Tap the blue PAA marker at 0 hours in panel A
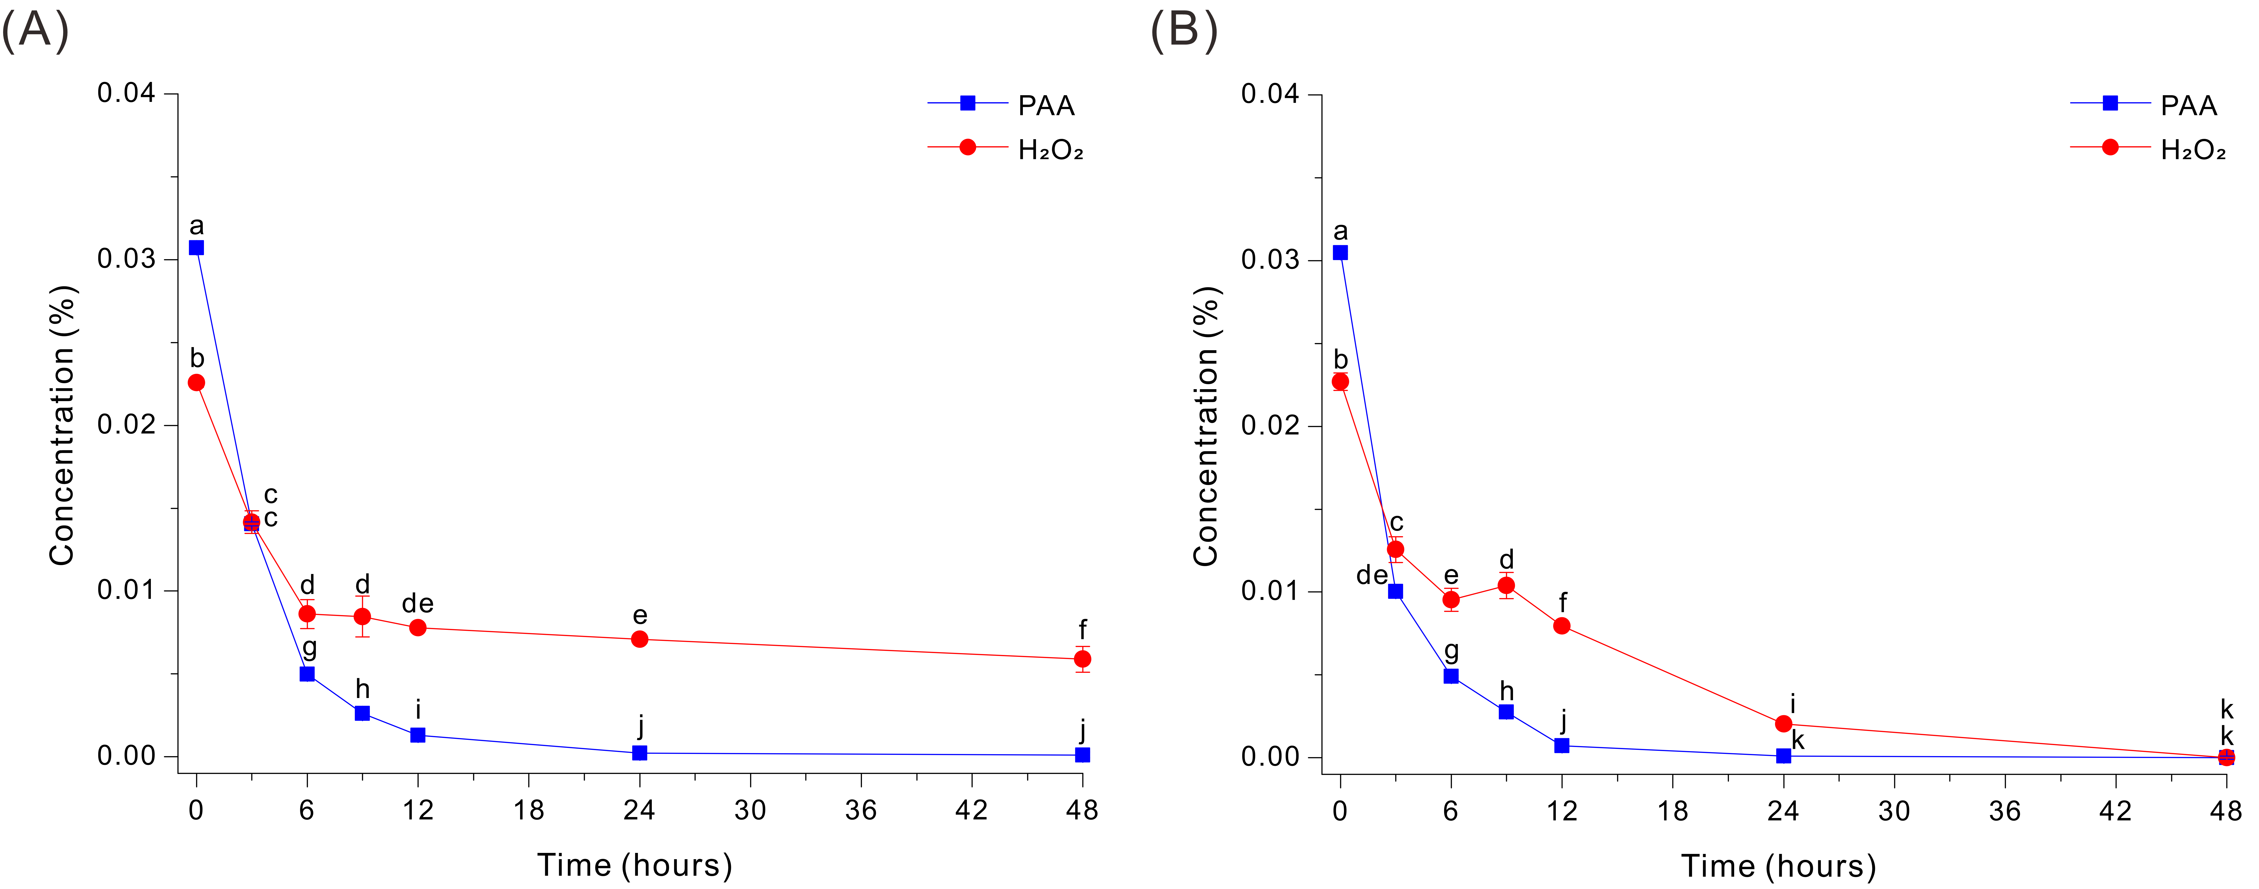197,248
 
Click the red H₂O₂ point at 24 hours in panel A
639,639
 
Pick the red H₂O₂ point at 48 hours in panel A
1082,658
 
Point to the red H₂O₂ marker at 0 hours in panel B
1340,381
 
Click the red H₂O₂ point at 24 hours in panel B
1783,723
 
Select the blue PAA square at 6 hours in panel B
1450,676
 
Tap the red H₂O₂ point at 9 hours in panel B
1506,585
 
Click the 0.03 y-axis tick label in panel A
126,259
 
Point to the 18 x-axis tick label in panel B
1672,811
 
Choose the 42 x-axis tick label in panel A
971,810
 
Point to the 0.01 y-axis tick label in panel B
1270,591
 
